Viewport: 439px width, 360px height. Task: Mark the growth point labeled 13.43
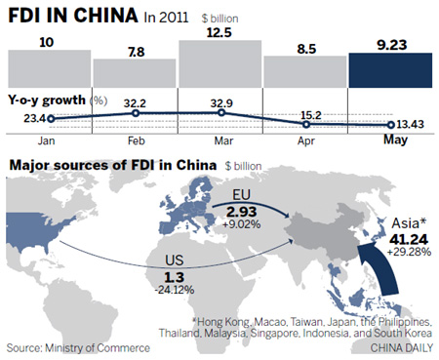click(390, 125)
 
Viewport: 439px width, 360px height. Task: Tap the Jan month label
click(48, 140)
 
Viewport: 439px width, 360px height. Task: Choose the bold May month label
click(390, 140)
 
